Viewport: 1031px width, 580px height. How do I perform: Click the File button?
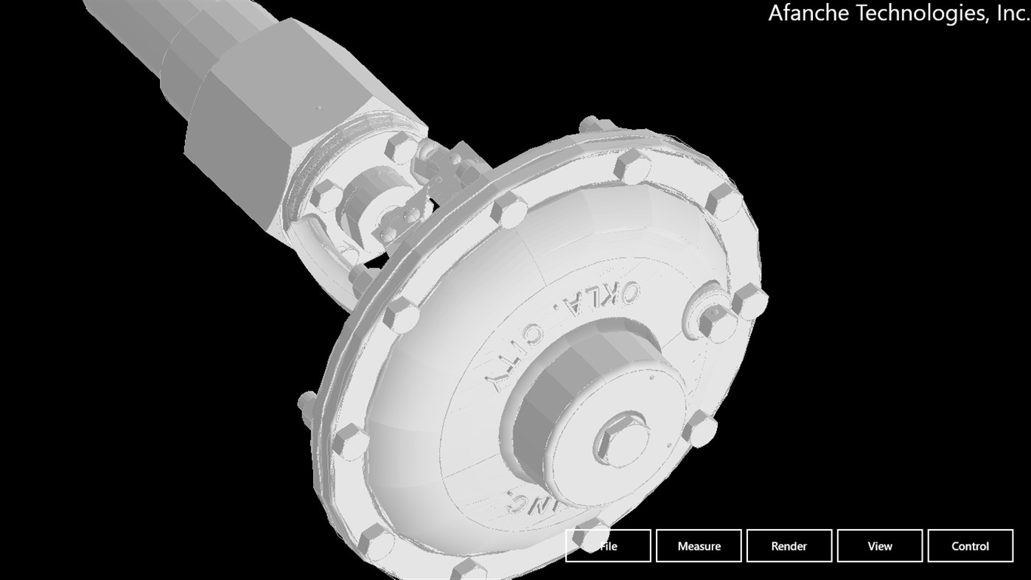(608, 546)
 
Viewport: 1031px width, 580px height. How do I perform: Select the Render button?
(789, 546)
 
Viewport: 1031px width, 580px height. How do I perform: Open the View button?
(879, 546)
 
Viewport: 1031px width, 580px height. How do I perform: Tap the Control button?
(970, 546)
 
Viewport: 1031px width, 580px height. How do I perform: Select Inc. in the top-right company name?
(1010, 13)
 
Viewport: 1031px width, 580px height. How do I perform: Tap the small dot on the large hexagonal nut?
(318, 108)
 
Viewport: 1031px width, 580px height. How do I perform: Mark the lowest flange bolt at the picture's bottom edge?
(469, 569)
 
